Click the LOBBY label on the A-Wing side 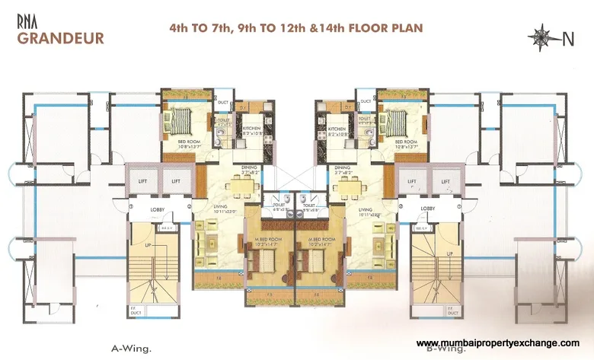158,208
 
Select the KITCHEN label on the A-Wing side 252,129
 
